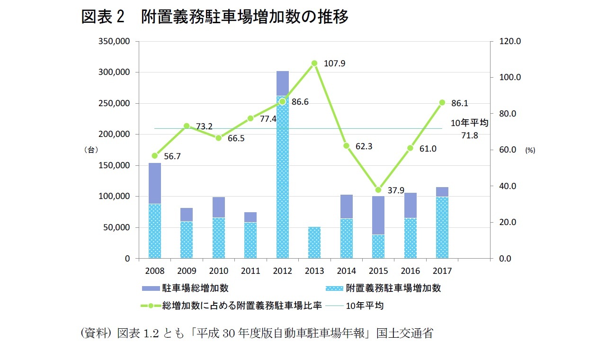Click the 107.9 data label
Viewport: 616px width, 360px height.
click(x=334, y=63)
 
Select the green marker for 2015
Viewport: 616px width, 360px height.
click(x=378, y=190)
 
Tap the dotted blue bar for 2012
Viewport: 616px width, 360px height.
click(x=282, y=180)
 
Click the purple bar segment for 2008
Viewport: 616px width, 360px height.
click(x=155, y=183)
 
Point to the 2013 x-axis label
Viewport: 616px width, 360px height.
click(x=314, y=271)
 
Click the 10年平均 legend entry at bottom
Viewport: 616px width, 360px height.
click(x=364, y=306)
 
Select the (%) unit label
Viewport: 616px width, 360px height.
click(x=529, y=150)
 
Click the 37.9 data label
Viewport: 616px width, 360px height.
click(x=395, y=190)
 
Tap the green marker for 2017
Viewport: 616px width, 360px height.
click(x=442, y=102)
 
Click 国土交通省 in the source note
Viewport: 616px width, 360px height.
click(x=404, y=333)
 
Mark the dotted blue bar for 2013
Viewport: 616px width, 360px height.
click(x=314, y=243)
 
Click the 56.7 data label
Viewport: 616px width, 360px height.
click(x=172, y=156)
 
